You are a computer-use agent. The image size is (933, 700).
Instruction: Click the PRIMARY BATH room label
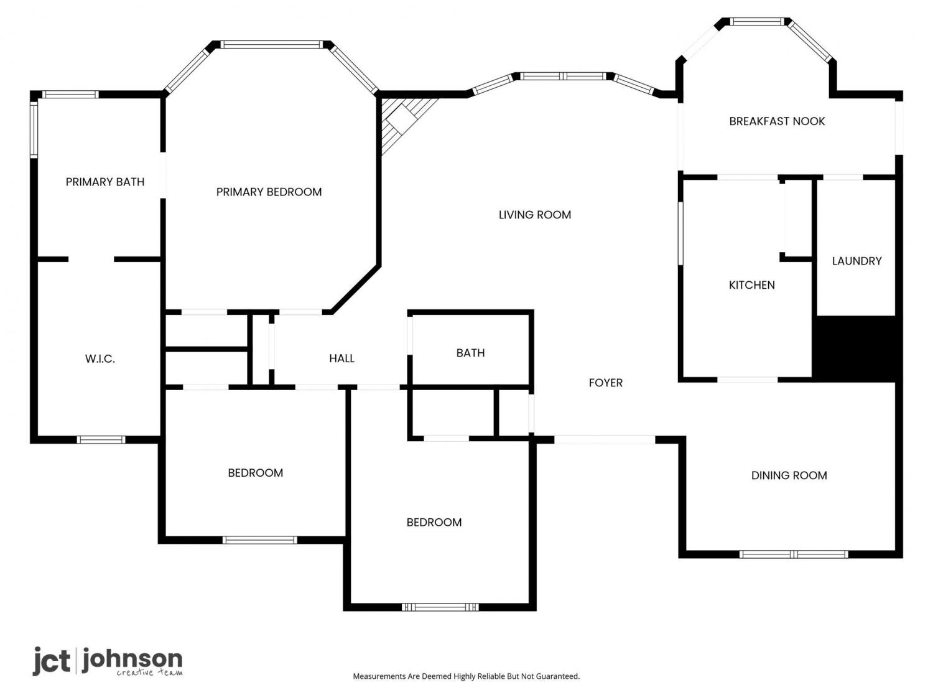(x=104, y=182)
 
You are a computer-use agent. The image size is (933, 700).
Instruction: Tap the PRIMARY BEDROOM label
(x=269, y=192)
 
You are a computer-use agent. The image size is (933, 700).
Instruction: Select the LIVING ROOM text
(x=534, y=215)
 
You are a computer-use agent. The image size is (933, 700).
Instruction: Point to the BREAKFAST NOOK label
(x=777, y=121)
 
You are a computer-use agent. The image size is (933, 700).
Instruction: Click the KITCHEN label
(x=751, y=285)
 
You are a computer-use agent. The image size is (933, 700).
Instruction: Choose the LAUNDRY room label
(x=856, y=261)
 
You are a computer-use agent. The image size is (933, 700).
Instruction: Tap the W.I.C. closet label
(x=100, y=359)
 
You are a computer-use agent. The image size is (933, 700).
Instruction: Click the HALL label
(x=341, y=358)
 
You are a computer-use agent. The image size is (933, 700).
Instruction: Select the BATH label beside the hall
(x=470, y=353)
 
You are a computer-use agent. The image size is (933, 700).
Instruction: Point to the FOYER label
(x=605, y=383)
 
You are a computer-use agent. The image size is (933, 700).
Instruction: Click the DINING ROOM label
(x=789, y=475)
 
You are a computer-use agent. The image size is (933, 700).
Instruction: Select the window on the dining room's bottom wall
(x=793, y=554)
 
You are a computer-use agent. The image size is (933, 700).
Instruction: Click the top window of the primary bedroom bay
(x=272, y=44)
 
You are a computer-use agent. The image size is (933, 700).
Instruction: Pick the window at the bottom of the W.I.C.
(x=101, y=439)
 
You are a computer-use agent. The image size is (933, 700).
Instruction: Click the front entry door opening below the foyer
(x=605, y=440)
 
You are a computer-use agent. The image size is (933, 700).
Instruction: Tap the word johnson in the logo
(x=132, y=659)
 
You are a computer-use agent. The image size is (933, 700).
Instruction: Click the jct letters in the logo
(x=52, y=660)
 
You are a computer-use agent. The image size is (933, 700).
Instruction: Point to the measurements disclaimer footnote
(x=466, y=676)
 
